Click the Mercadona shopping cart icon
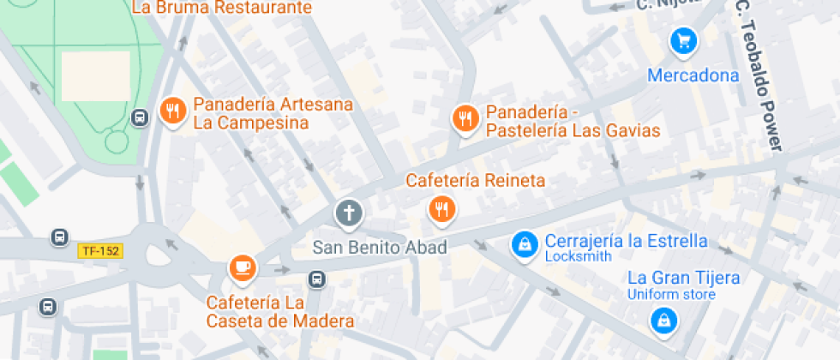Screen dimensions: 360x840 683,39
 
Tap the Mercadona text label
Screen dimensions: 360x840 693,75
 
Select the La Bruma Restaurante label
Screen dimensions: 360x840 221,8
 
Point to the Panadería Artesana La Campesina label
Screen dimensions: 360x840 273,113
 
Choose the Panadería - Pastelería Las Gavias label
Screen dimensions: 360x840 573,121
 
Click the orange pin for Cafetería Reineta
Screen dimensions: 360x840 441,207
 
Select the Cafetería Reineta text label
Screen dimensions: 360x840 476,181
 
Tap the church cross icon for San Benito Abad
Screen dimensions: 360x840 348,213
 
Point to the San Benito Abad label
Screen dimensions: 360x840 380,248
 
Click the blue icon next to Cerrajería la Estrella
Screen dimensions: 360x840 523,246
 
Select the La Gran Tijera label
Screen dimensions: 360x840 683,278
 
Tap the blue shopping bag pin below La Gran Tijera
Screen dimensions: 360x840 663,321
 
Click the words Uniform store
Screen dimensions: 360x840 671,295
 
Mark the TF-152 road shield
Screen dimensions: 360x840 100,251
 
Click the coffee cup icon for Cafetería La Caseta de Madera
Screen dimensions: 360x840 243,267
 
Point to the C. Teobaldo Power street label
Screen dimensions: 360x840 759,75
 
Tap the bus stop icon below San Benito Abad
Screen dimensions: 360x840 317,279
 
